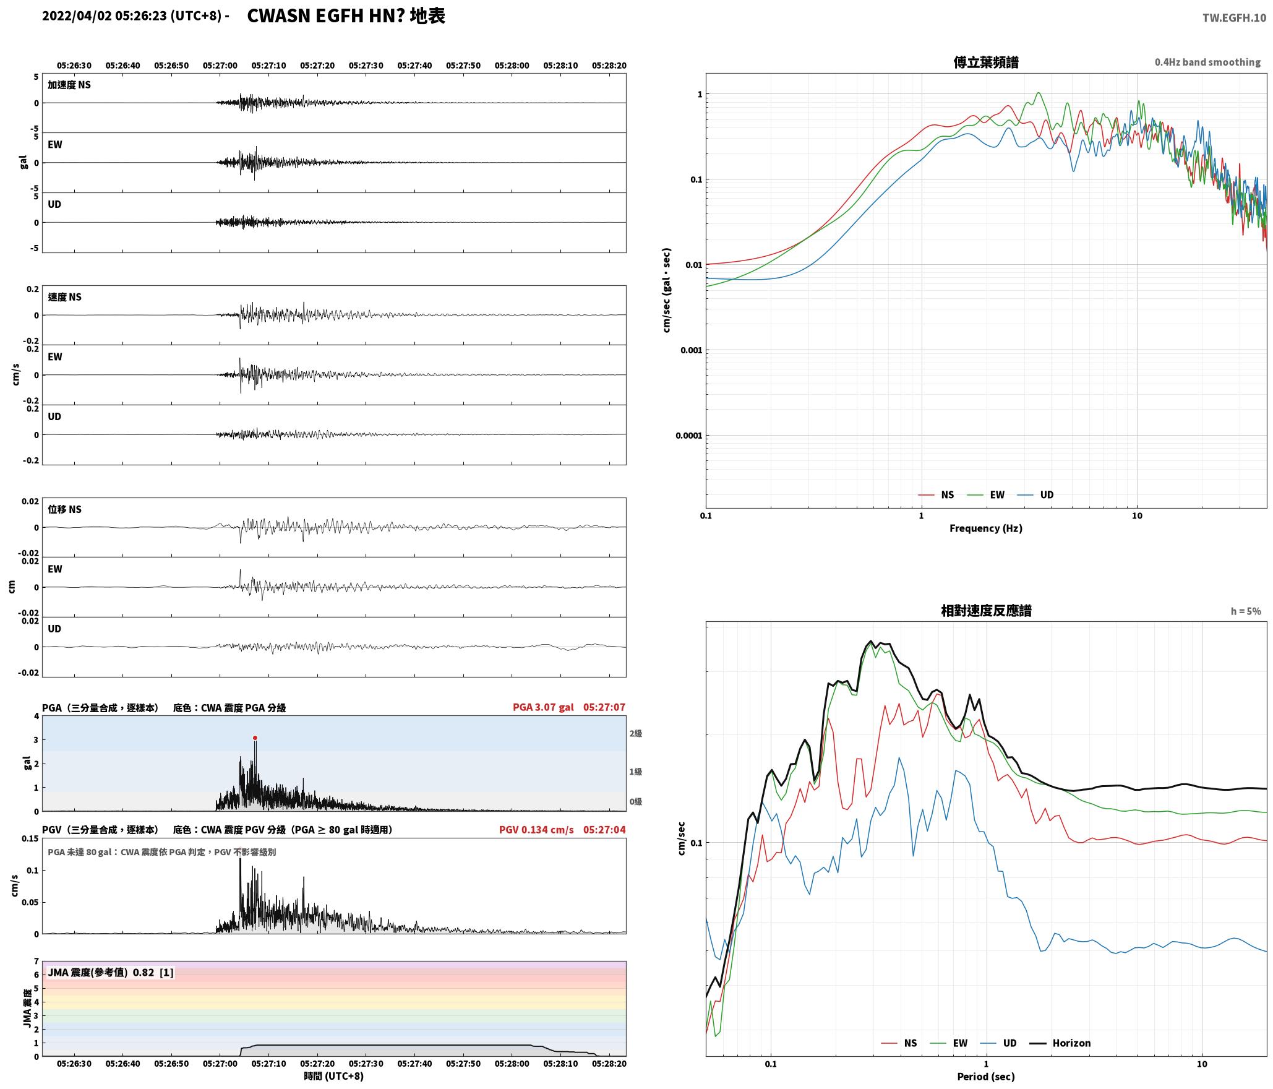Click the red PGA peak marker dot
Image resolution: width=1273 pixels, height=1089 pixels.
(255, 738)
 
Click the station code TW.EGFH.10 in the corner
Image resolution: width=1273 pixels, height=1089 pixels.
(1234, 18)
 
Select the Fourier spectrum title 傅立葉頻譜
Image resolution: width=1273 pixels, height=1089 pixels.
(986, 62)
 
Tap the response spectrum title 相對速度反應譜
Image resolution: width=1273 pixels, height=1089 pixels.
(986, 611)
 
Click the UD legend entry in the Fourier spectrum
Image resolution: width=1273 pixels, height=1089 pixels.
(1035, 494)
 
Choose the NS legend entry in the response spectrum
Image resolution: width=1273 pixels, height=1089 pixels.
(899, 1043)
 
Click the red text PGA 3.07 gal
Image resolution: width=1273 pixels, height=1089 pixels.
(543, 707)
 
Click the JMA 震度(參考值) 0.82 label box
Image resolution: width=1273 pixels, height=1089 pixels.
(110, 972)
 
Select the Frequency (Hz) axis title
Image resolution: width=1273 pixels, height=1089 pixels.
(986, 528)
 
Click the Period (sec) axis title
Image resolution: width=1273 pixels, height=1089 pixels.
(986, 1077)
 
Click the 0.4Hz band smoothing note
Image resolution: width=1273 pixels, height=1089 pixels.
(1207, 62)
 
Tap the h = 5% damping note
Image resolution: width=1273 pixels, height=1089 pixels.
(1246, 611)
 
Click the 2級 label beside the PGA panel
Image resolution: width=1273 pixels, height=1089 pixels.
(636, 733)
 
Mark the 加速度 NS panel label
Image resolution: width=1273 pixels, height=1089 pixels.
(69, 85)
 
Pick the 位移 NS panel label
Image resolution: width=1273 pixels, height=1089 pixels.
(65, 509)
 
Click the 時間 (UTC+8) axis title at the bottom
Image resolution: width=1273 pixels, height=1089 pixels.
(333, 1076)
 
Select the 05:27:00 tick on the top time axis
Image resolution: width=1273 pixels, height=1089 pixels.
(220, 66)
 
